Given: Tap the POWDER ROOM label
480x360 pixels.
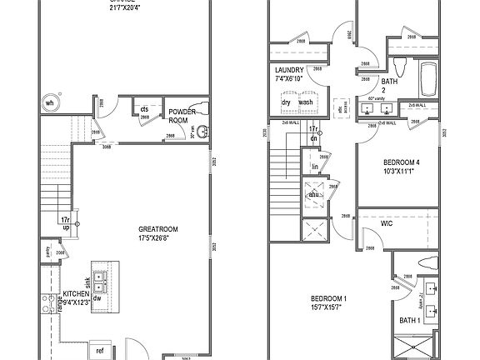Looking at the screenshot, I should pos(182,115).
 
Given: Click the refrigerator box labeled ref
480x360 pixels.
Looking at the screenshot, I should pos(100,351).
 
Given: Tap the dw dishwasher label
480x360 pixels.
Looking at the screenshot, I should pos(97,297).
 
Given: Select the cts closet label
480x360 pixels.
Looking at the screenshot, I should pos(144,109).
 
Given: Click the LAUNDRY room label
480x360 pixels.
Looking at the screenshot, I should pos(289,71).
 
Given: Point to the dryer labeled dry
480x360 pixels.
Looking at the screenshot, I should pos(286,102).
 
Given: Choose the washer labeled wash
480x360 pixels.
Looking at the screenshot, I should pos(306,102).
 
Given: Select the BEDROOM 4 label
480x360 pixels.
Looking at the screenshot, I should pos(401,167).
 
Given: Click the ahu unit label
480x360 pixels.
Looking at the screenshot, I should pos(314,194).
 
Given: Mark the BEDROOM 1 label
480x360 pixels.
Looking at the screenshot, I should pos(328,302).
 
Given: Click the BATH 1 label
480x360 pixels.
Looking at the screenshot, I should pos(409,321).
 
